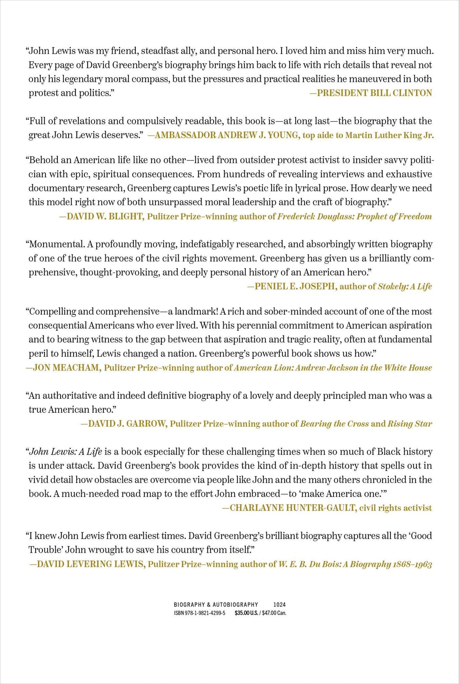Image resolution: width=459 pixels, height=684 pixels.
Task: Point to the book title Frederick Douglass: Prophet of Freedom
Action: (355, 216)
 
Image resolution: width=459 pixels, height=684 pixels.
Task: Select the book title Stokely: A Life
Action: (405, 287)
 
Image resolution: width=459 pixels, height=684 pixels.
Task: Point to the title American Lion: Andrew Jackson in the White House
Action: (333, 368)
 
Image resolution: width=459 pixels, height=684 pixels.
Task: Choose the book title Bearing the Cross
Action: (334, 424)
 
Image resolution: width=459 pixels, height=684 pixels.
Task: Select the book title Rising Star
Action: (410, 424)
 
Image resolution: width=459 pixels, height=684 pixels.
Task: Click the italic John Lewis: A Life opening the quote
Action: (66, 452)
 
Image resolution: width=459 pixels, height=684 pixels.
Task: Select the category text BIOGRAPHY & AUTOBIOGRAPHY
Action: (216, 605)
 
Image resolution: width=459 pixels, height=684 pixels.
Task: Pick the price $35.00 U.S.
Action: (246, 613)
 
